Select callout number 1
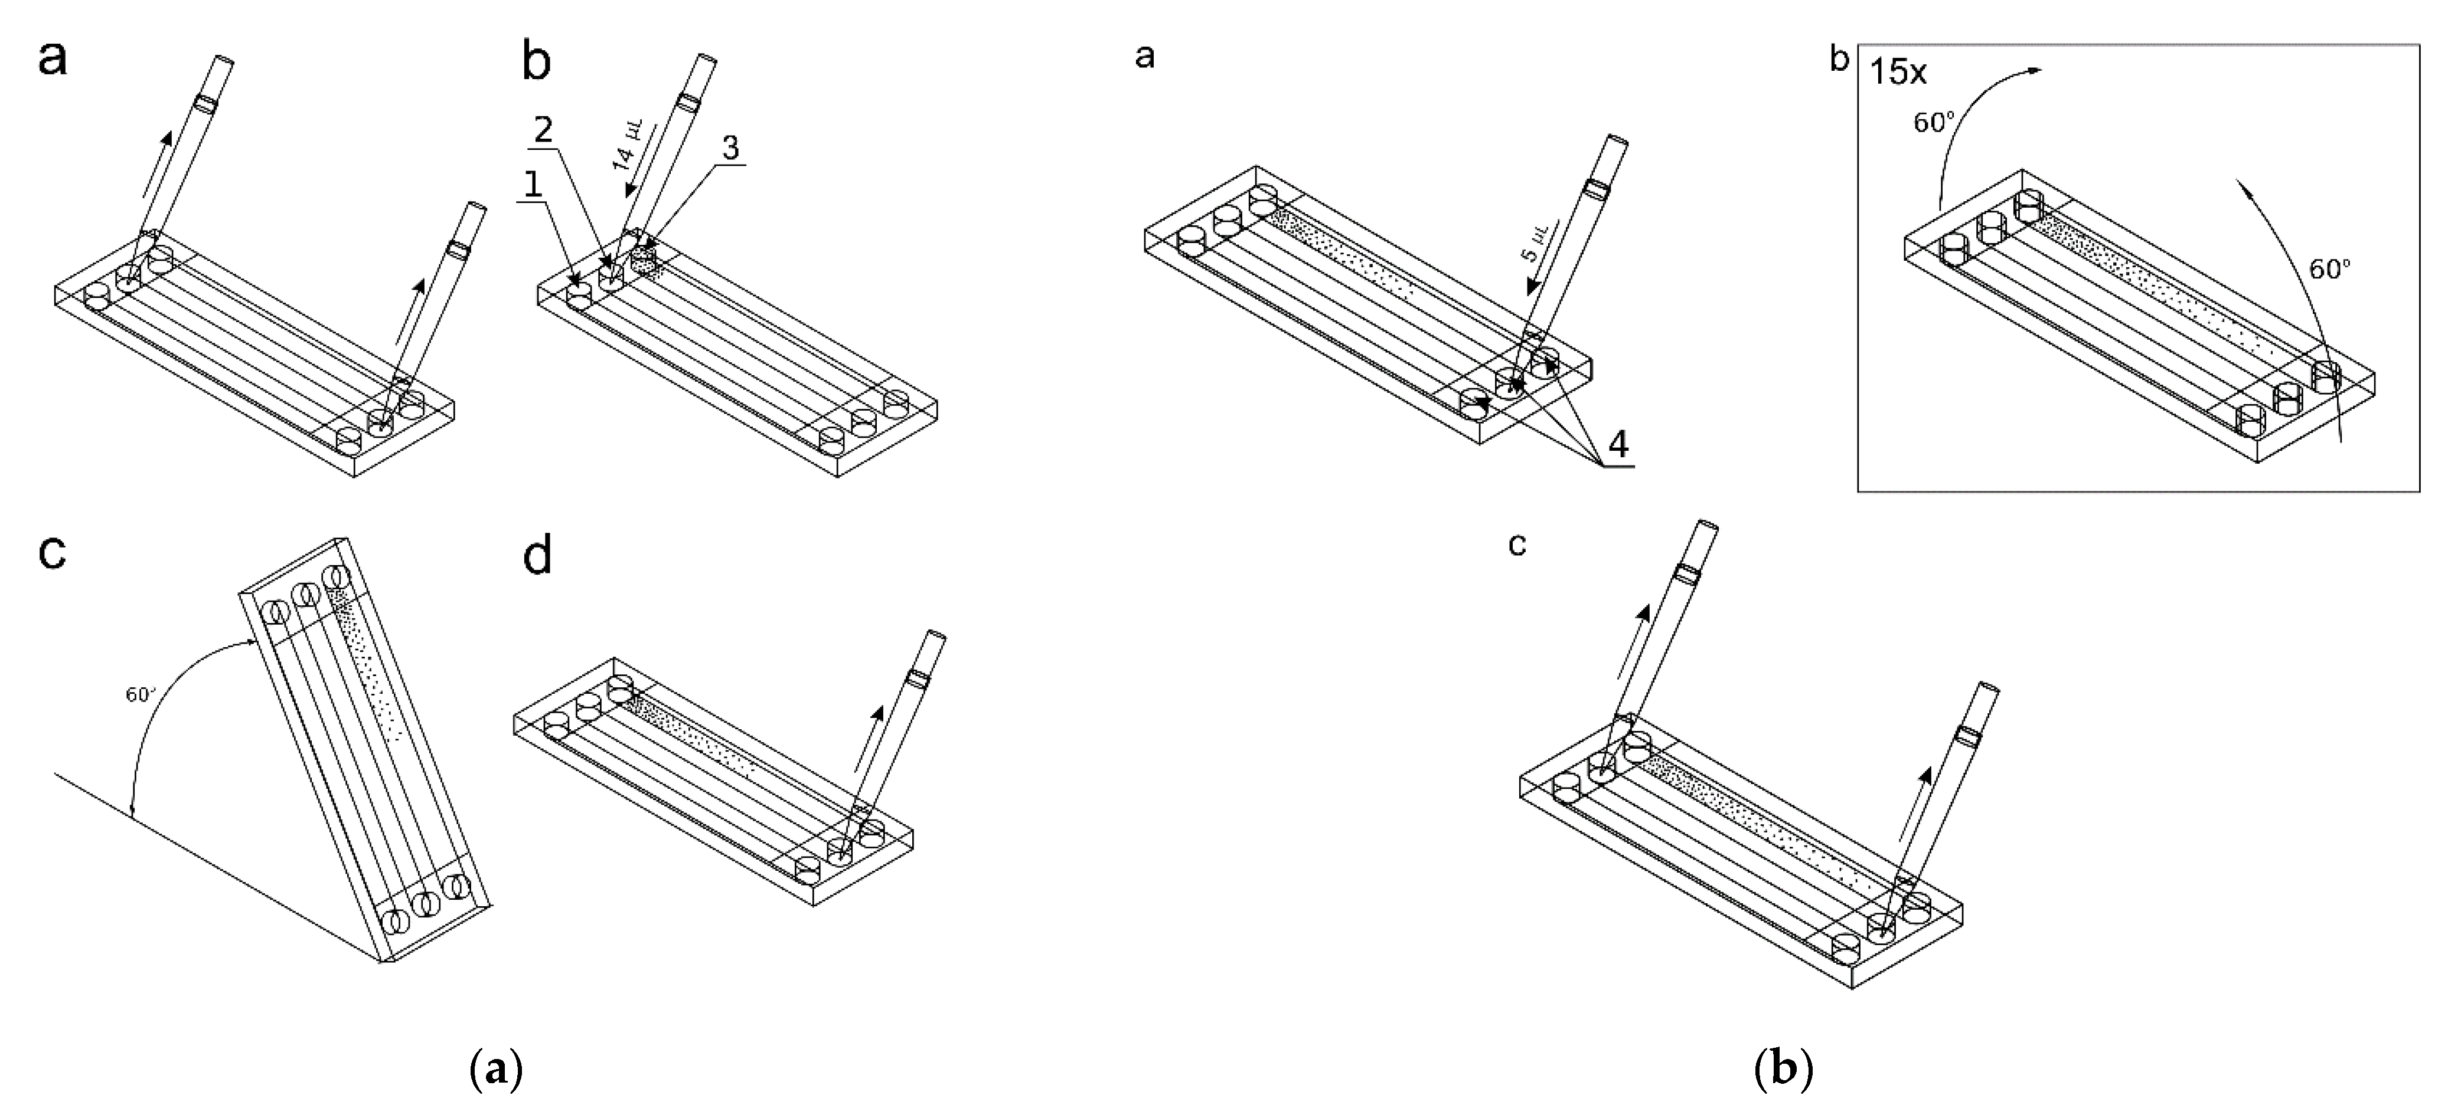coord(533,184)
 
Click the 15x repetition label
coord(1898,72)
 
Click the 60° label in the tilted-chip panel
coord(141,694)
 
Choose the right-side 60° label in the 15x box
coord(2329,270)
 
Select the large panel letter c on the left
coord(53,551)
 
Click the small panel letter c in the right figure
coord(1517,545)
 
